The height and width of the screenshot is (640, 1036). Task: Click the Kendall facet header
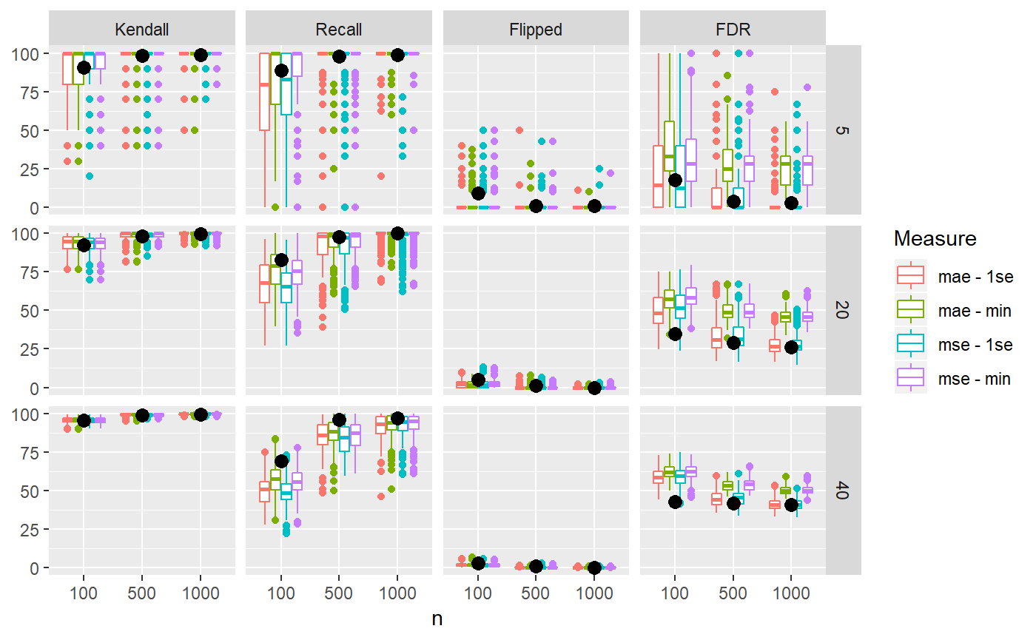(x=142, y=30)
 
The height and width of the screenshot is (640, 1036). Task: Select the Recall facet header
(x=339, y=30)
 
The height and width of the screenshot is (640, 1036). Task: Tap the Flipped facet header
(x=536, y=30)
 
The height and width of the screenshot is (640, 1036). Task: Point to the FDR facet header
(x=733, y=30)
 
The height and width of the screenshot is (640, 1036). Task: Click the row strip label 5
(x=843, y=130)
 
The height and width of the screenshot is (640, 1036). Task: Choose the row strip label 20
(x=843, y=311)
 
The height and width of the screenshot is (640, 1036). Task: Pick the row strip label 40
(x=843, y=491)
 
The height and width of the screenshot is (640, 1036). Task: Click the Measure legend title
(x=935, y=239)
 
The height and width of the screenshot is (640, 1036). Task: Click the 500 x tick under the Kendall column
(x=142, y=592)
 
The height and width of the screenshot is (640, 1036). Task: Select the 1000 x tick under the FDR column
(x=791, y=592)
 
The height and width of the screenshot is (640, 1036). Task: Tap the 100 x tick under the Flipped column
(x=477, y=592)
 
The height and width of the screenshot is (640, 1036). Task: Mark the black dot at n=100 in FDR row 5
(x=675, y=180)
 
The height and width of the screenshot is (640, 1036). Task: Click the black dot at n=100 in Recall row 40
(x=281, y=461)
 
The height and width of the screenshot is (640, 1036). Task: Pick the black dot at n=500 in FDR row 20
(x=733, y=343)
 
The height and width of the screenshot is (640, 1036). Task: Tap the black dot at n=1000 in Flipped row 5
(x=594, y=206)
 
